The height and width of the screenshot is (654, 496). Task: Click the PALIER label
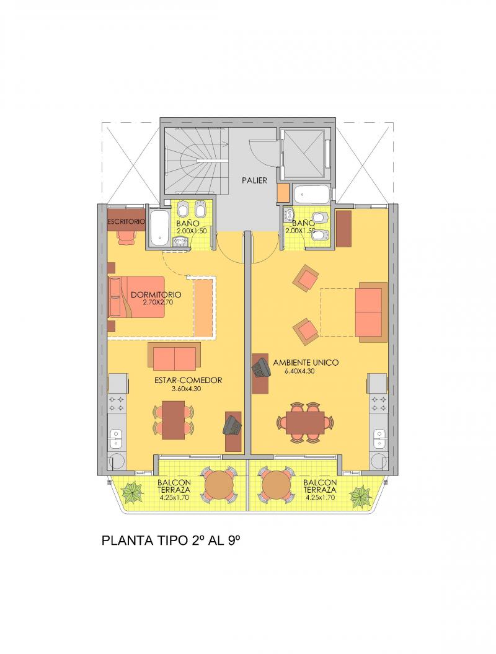click(x=254, y=180)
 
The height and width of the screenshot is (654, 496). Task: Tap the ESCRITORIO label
click(x=126, y=221)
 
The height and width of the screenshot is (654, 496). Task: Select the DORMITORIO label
click(x=156, y=294)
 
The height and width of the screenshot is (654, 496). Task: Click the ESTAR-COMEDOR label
click(x=188, y=381)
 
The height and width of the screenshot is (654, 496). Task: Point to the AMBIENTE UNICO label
click(x=306, y=363)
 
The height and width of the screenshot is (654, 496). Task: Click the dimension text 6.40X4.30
click(x=306, y=371)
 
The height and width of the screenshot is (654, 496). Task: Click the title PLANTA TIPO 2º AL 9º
click(x=171, y=541)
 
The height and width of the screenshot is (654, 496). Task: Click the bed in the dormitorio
click(x=137, y=297)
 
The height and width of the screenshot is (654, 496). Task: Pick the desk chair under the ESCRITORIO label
click(x=126, y=237)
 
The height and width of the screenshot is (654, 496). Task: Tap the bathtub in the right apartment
click(x=312, y=195)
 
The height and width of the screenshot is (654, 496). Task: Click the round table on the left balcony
click(x=220, y=484)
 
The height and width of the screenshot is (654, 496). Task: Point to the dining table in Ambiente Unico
click(x=305, y=422)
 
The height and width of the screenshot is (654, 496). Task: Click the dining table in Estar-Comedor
click(x=173, y=420)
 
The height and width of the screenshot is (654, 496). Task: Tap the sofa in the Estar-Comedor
click(x=174, y=356)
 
